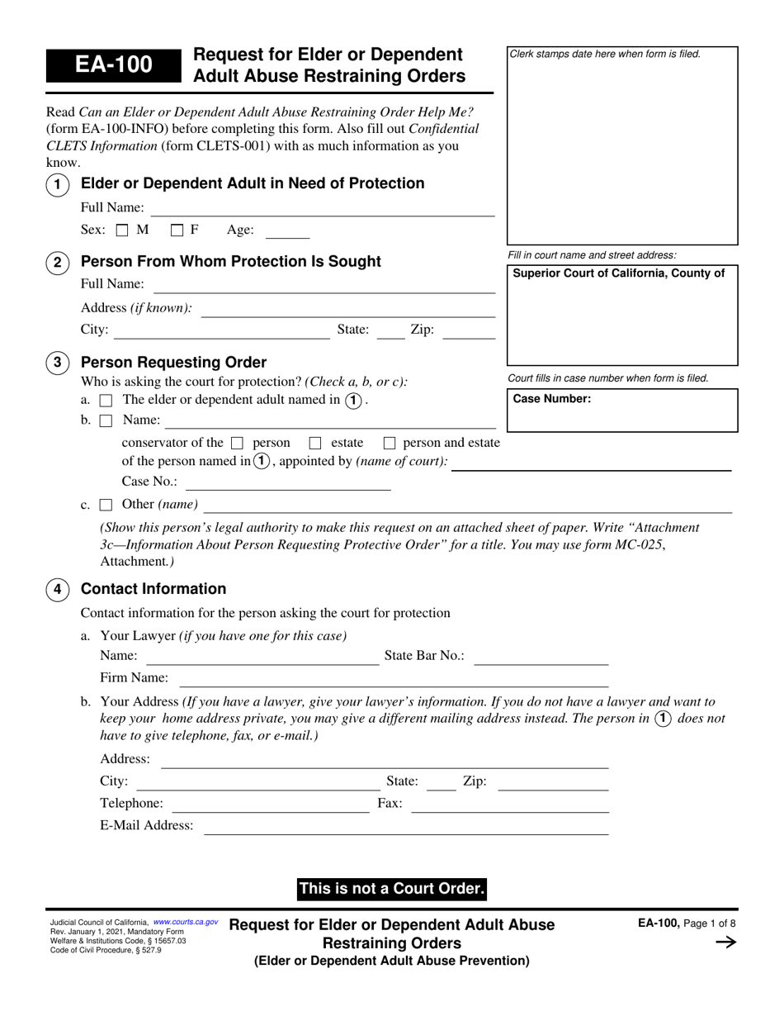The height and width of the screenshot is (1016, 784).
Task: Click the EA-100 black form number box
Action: click(x=113, y=64)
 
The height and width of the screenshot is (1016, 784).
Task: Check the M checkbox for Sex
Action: click(x=122, y=231)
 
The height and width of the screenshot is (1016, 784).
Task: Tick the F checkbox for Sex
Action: click(x=177, y=231)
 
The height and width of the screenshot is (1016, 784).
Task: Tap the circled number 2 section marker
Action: click(x=57, y=263)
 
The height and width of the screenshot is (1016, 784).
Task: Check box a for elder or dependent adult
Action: click(x=106, y=401)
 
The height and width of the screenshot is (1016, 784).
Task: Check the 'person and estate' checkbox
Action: click(x=390, y=443)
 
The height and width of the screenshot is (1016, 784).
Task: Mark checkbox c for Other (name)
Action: click(x=106, y=505)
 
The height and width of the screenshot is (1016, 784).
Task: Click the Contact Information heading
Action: click(x=153, y=589)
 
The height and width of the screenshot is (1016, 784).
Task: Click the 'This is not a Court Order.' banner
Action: click(x=391, y=889)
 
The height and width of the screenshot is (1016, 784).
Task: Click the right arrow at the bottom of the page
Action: click(x=725, y=942)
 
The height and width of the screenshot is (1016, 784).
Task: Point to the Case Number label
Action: click(x=551, y=399)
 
